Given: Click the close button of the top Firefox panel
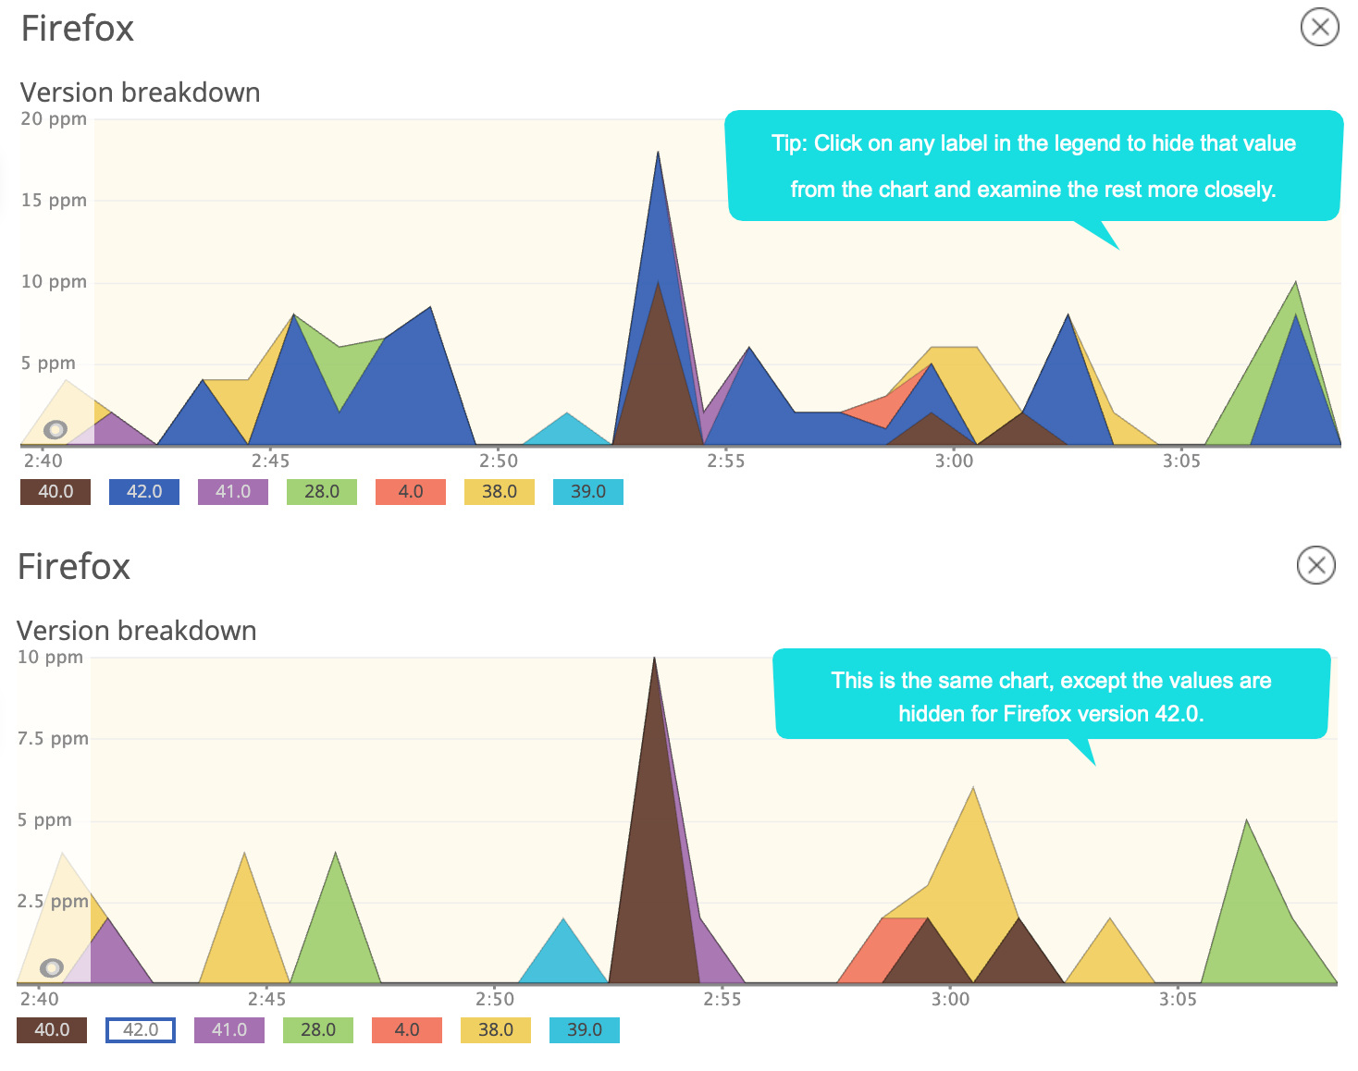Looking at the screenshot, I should [1319, 27].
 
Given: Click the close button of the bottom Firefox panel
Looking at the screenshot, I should [1315, 565].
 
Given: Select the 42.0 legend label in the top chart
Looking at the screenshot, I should [144, 492].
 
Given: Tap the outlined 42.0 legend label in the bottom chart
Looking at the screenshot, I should [141, 1030].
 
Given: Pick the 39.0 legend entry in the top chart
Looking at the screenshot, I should [588, 492].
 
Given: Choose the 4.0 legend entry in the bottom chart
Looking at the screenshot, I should [407, 1030].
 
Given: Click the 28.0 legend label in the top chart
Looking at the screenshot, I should [322, 492].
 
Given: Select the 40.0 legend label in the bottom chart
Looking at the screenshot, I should [52, 1030].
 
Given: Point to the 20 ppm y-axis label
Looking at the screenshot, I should [54, 119].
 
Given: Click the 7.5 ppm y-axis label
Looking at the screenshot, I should [53, 739].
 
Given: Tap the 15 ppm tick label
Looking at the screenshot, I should [54, 201].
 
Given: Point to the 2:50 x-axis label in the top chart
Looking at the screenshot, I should [499, 461].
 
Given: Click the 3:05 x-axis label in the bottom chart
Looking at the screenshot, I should [1178, 999].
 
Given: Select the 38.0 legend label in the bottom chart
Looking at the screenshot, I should [496, 1030].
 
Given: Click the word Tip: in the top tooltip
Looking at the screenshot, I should [790, 144].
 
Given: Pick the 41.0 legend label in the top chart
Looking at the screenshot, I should [233, 492].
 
